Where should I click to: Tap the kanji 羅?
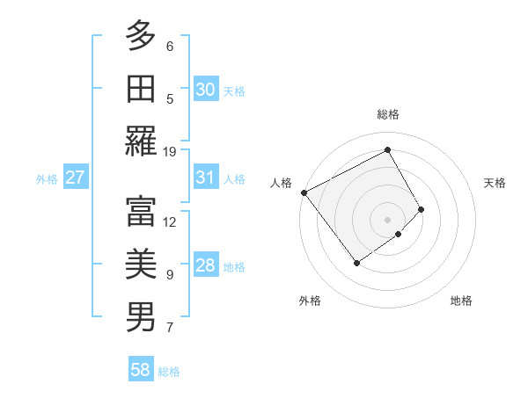141,141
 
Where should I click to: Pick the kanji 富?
141,211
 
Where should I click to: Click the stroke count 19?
170,151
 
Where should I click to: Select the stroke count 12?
170,221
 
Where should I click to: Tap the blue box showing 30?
206,89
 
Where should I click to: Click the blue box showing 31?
206,178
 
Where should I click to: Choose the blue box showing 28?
206,266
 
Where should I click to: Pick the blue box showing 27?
75,178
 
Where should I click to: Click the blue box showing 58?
141,370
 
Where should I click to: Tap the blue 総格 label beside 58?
169,372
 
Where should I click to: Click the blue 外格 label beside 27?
47,179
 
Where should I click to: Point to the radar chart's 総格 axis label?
387,114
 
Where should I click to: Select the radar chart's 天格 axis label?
495,183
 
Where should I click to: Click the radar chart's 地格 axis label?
461,301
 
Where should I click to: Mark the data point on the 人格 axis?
304,192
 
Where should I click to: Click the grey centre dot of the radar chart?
387,219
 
